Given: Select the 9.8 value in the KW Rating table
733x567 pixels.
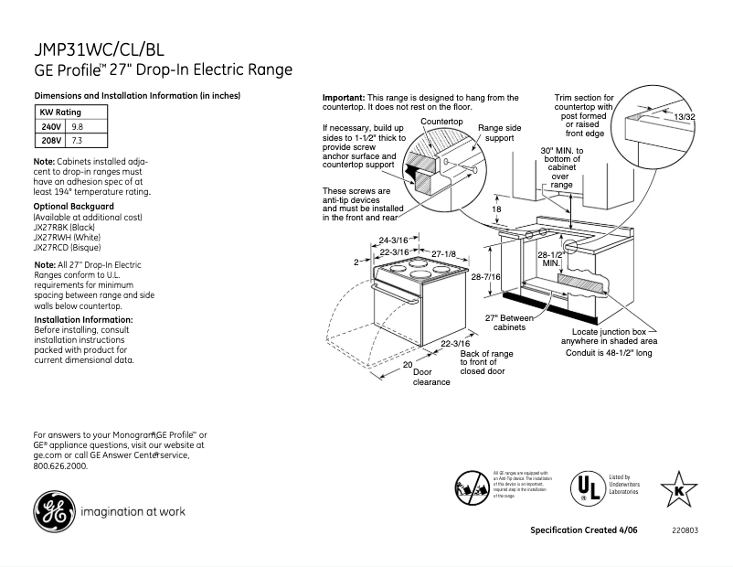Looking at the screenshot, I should pyautogui.click(x=77, y=126).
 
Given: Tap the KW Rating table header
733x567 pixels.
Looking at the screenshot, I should pyautogui.click(x=63, y=111).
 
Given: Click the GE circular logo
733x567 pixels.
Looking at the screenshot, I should pyautogui.click(x=55, y=510).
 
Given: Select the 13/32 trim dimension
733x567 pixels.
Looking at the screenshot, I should pyautogui.click(x=684, y=118).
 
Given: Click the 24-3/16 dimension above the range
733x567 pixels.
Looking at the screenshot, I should pyautogui.click(x=393, y=241).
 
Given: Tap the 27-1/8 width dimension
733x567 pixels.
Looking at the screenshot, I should pyautogui.click(x=443, y=251).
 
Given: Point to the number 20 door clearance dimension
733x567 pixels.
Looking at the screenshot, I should pyautogui.click(x=407, y=363).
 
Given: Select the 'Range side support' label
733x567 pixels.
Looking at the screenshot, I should pyautogui.click(x=500, y=134).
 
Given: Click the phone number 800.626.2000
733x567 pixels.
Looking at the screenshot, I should pyautogui.click(x=60, y=465).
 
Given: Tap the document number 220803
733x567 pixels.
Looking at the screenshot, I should pyautogui.click(x=685, y=530).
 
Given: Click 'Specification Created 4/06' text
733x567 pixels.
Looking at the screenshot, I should pyautogui.click(x=583, y=530).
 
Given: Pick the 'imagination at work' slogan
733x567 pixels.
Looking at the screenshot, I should pyautogui.click(x=133, y=511).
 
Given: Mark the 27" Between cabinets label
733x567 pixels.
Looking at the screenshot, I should pyautogui.click(x=509, y=322).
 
